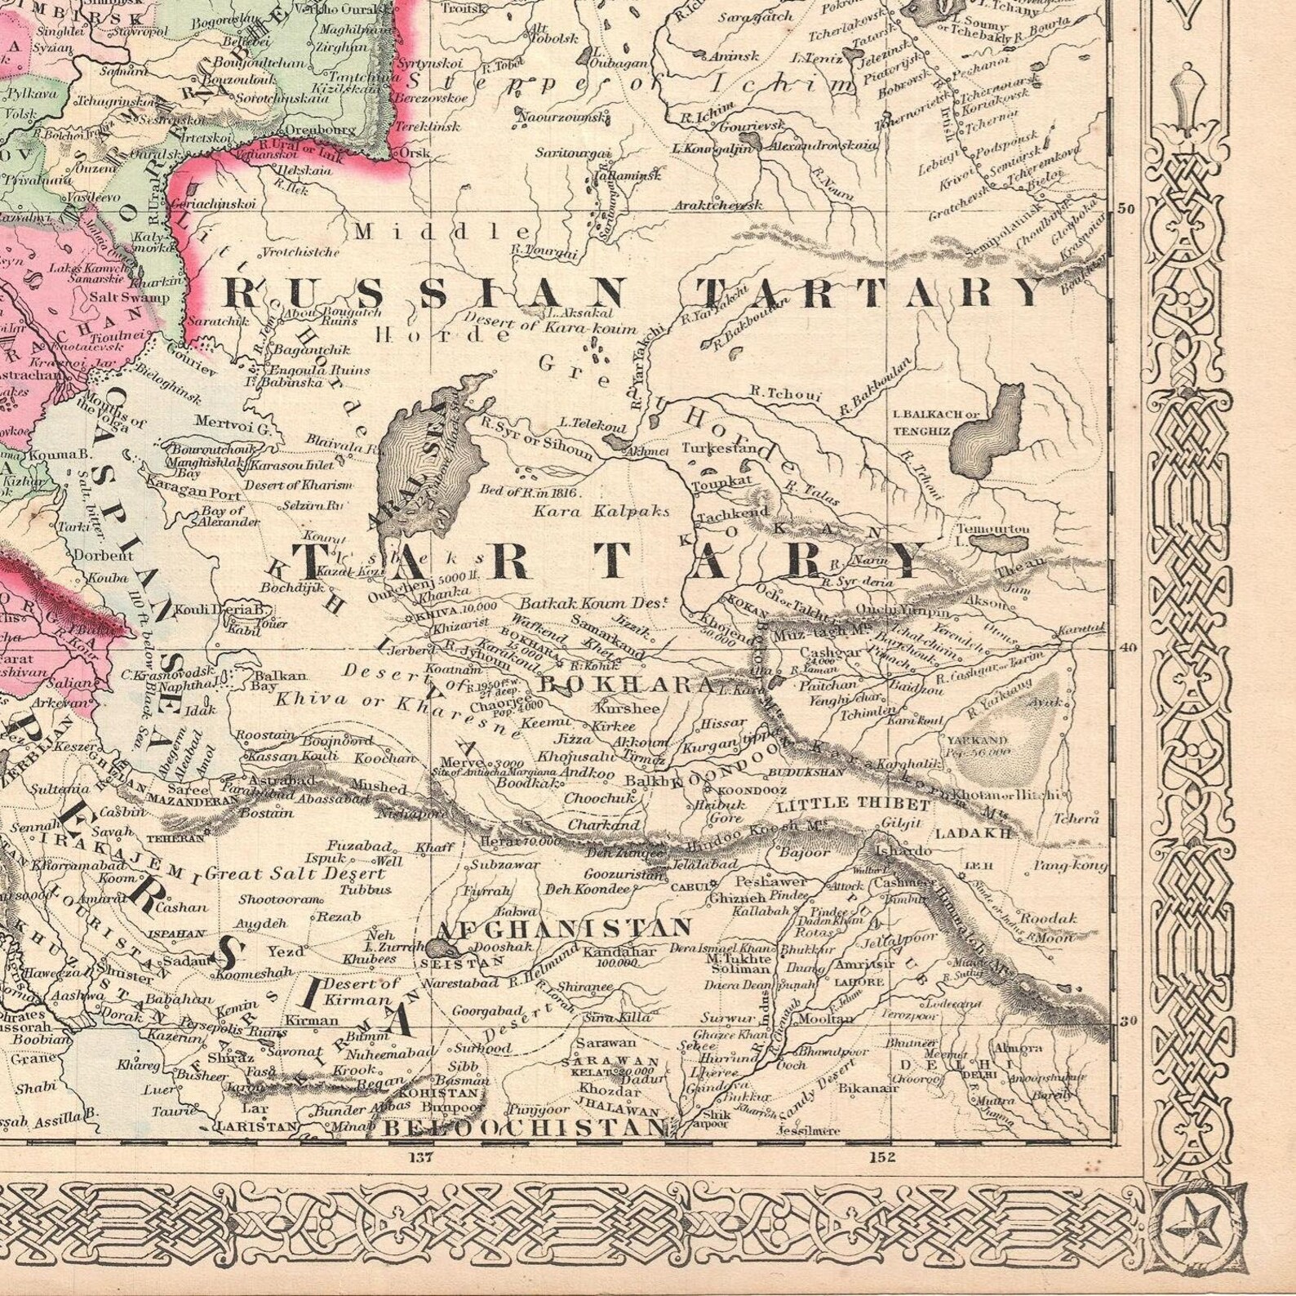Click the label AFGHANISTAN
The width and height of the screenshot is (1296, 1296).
564,927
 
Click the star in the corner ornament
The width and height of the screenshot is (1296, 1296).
1197,1223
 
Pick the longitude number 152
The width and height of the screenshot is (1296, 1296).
882,1156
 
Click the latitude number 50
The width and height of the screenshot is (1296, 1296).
1126,208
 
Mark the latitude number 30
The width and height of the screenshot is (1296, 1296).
1129,1020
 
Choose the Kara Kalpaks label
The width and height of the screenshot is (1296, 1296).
601,512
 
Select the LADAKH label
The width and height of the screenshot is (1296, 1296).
973,833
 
